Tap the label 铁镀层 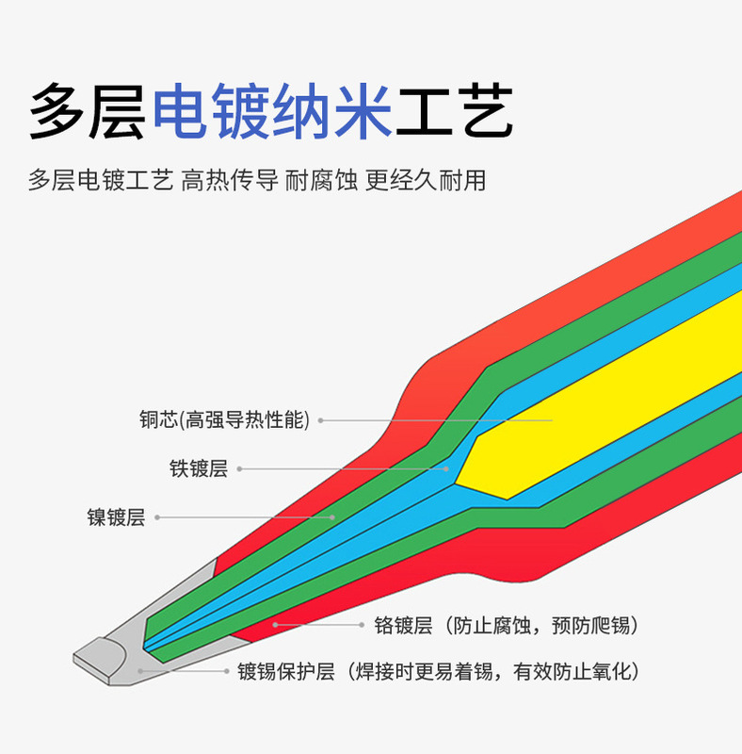(199, 468)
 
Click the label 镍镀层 (116, 516)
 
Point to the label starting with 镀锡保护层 (438, 672)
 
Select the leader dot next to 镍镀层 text (156, 516)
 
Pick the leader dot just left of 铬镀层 (362, 625)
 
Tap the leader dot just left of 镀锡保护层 (228, 672)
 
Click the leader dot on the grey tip (139, 670)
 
